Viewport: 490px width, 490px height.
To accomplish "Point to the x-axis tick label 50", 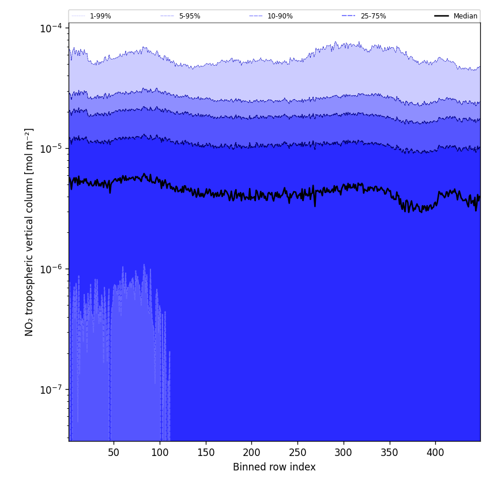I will click(114, 453).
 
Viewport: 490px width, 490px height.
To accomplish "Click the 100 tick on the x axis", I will click(160, 453).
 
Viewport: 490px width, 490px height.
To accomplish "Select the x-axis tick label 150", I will click(205, 453).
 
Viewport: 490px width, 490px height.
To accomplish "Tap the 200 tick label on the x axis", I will click(251, 453).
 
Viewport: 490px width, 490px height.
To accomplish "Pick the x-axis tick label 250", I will click(297, 453).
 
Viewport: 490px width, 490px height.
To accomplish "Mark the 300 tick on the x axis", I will click(344, 453).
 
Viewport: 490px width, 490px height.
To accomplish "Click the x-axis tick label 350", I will click(390, 453).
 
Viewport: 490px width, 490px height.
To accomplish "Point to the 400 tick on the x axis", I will click(435, 453).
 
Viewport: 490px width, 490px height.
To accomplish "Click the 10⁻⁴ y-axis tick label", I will click(51, 28).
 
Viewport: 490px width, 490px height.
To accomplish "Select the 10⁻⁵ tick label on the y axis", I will click(51, 148).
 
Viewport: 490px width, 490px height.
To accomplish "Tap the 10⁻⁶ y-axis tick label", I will click(51, 269).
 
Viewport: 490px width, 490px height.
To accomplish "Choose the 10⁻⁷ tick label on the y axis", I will click(51, 389).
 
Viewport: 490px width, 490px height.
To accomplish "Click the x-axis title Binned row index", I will click(274, 468).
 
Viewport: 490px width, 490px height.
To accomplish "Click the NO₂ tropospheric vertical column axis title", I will click(29, 232).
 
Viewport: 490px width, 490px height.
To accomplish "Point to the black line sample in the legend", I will click(442, 16).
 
